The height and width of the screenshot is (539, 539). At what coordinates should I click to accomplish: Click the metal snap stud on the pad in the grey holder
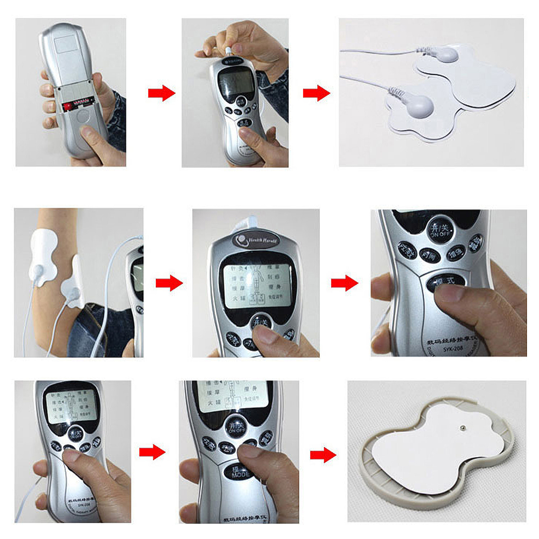[462, 427]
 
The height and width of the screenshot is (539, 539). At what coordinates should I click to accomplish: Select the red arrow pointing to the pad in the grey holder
[323, 455]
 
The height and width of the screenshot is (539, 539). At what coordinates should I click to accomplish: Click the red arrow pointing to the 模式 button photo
[344, 283]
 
